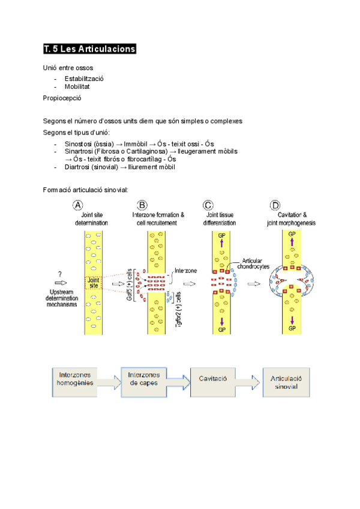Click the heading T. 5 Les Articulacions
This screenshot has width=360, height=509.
(90, 49)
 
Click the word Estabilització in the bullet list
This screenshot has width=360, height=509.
(84, 79)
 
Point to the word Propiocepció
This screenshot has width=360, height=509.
(62, 97)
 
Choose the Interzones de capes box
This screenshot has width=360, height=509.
(144, 379)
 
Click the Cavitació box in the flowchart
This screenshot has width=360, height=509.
(212, 380)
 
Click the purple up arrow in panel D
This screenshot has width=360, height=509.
(292, 241)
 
